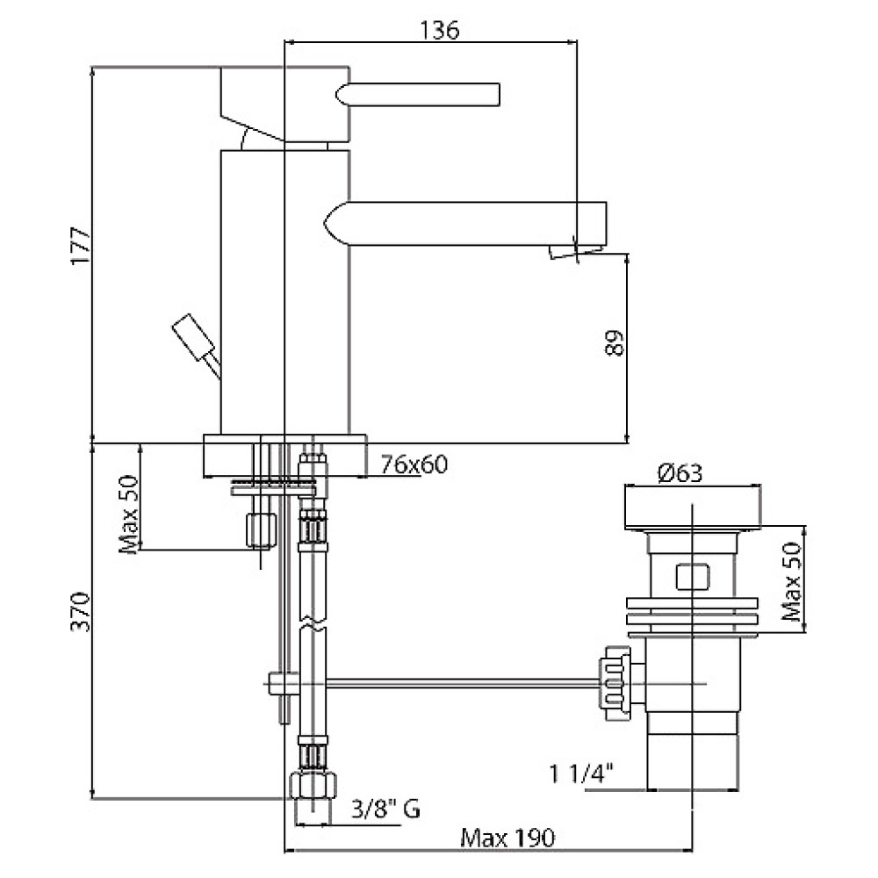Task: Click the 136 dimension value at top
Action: pyautogui.click(x=440, y=30)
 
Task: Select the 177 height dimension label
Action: pyautogui.click(x=81, y=246)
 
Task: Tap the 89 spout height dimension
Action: pyautogui.click(x=614, y=342)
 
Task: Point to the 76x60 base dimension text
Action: pyautogui.click(x=414, y=464)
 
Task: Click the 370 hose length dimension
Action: pyautogui.click(x=81, y=611)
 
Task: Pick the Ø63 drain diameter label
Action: pyautogui.click(x=680, y=474)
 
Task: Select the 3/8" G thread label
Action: pyautogui.click(x=385, y=810)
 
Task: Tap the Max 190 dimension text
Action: pyautogui.click(x=507, y=838)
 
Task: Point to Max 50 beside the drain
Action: pyautogui.click(x=793, y=580)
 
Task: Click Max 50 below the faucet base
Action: pyautogui.click(x=129, y=514)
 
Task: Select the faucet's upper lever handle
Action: pyautogui.click(x=418, y=95)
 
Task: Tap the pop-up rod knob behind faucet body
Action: pyautogui.click(x=194, y=338)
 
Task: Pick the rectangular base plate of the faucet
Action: pyautogui.click(x=285, y=456)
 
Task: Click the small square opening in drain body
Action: pyautogui.click(x=693, y=578)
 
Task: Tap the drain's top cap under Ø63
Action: pyautogui.click(x=693, y=507)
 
